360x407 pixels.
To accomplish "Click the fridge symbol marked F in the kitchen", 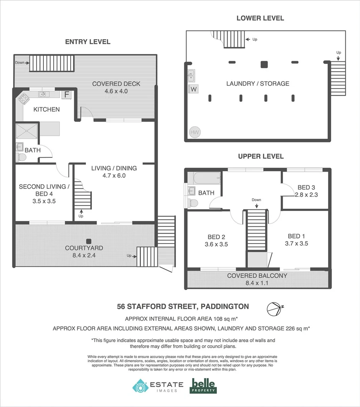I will click(67, 94).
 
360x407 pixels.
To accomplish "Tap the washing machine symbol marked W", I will click(193, 89).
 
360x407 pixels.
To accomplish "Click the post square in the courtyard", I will click(89, 241).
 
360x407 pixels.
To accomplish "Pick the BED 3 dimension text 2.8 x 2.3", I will click(306, 194).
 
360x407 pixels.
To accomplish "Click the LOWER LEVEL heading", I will click(260, 18).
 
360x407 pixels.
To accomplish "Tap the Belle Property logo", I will click(203, 386).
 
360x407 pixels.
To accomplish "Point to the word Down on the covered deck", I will click(20, 63).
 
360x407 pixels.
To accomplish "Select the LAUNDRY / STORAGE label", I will click(258, 84).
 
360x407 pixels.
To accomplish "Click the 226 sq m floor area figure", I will click(296, 328).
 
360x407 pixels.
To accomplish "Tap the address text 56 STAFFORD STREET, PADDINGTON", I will click(183, 306).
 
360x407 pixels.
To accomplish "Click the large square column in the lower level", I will click(264, 64).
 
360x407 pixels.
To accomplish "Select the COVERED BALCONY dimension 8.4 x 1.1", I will click(257, 283).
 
